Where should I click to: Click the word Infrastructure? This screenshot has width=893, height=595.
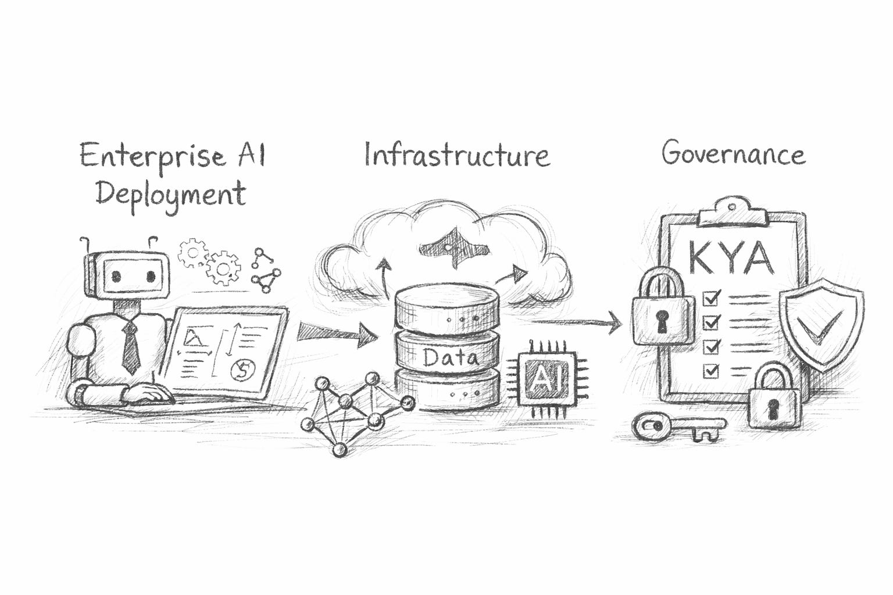click(456, 155)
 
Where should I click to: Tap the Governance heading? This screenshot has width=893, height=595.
click(733, 154)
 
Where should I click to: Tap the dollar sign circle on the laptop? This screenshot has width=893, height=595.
click(239, 369)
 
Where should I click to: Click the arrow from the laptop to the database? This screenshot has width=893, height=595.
click(337, 333)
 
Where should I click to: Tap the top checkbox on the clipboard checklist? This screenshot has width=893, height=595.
click(710, 298)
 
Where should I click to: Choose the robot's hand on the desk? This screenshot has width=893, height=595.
click(153, 395)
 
